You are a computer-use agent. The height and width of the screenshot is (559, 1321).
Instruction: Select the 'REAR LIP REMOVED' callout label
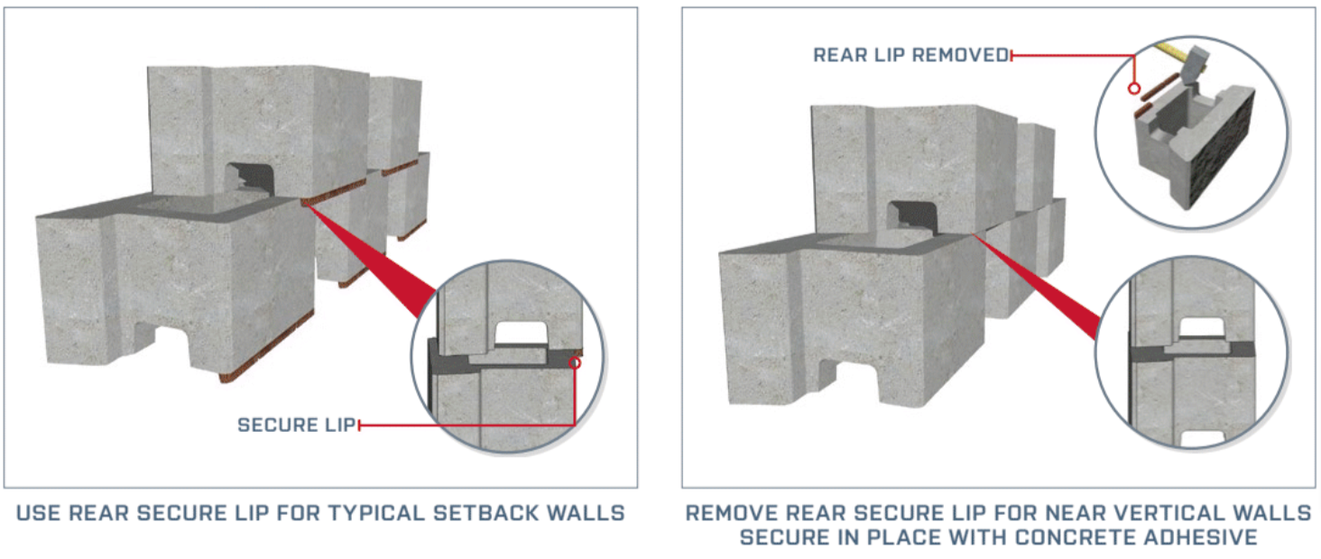pyautogui.click(x=910, y=55)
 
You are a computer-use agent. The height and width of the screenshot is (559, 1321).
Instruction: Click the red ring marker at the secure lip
pyautogui.click(x=574, y=363)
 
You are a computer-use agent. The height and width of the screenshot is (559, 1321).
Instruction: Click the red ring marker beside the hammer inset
pyautogui.click(x=1134, y=88)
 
